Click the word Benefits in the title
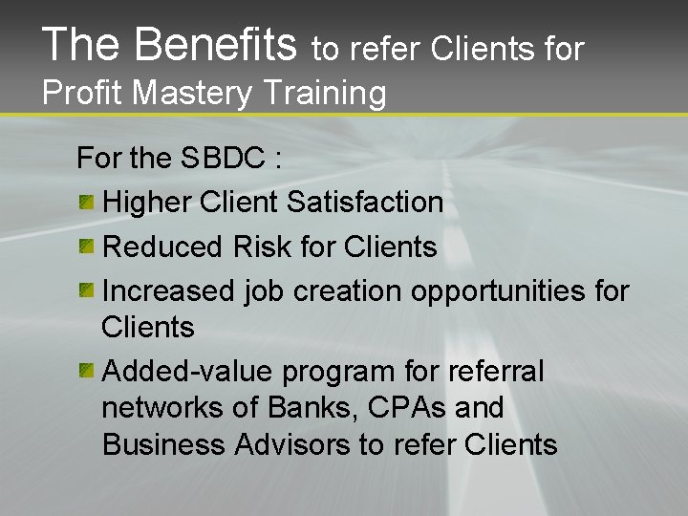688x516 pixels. [216, 45]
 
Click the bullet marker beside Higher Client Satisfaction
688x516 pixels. [87, 201]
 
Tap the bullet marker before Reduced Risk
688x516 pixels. [87, 246]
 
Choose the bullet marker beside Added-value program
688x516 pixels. [87, 369]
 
